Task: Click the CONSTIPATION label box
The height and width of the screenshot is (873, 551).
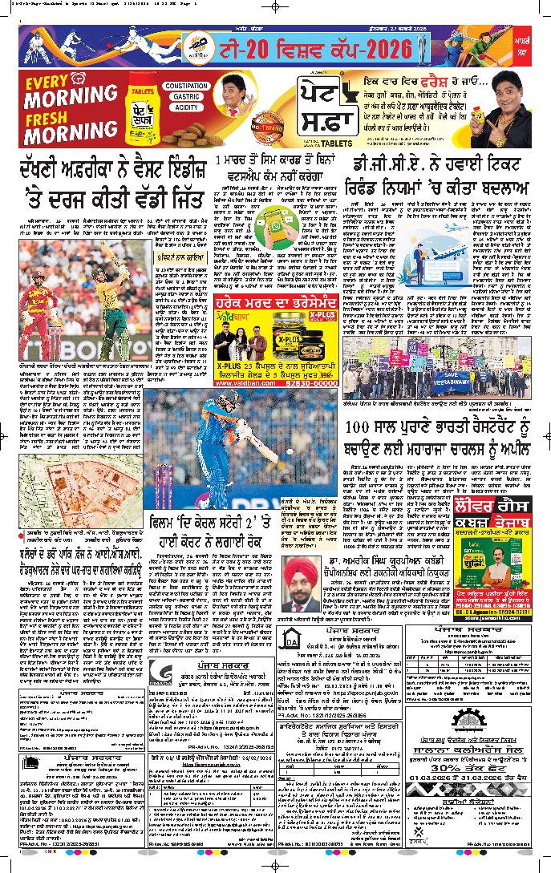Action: [188, 86]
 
